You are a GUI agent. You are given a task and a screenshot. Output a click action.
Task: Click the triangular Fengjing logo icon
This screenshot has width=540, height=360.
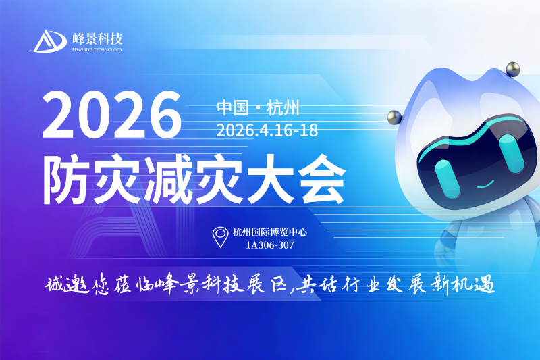tap(48, 41)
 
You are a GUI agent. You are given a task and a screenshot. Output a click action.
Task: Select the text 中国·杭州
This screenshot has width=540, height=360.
tap(258, 107)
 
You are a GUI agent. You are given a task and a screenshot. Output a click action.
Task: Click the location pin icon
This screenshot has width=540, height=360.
tap(220, 237)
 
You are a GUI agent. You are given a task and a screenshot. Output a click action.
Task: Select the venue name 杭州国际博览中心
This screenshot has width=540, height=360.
tap(270, 232)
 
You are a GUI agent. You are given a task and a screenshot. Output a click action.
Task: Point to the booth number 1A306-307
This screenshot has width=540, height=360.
tap(270, 245)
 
